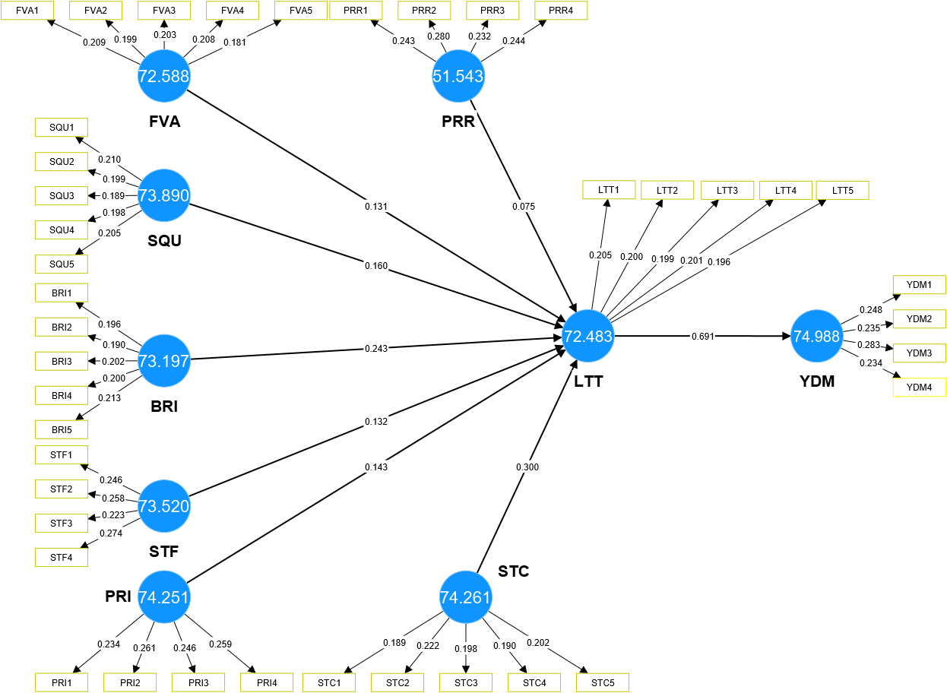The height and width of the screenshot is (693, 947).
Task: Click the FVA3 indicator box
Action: pyautogui.click(x=164, y=11)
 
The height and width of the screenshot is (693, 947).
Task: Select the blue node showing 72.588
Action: pyautogui.click(x=163, y=76)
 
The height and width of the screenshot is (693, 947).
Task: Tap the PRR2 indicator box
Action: pyautogui.click(x=424, y=11)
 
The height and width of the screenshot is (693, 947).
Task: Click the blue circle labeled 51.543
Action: pyautogui.click(x=458, y=76)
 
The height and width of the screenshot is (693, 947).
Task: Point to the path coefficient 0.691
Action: pyautogui.click(x=702, y=336)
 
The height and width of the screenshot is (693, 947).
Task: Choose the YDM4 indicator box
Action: pyautogui.click(x=919, y=388)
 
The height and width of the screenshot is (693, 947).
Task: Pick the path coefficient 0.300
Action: pyautogui.click(x=527, y=467)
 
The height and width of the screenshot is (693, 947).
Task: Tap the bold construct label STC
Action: pyautogui.click(x=513, y=571)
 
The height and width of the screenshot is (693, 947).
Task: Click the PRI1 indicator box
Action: pyautogui.click(x=62, y=682)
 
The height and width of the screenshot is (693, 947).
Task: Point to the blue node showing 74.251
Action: pyautogui.click(x=163, y=597)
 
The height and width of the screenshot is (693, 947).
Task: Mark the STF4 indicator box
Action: pyautogui.click(x=62, y=557)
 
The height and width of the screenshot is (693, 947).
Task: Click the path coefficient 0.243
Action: pyautogui.click(x=375, y=349)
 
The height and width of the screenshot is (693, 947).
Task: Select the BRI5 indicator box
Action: pyautogui.click(x=62, y=429)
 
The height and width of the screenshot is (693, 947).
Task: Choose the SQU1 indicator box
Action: pyautogui.click(x=62, y=127)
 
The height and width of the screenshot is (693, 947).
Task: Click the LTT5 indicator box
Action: pyautogui.click(x=842, y=190)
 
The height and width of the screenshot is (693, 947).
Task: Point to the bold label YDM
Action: pyautogui.click(x=817, y=381)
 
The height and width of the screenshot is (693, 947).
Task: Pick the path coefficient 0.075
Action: pyautogui.click(x=524, y=205)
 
